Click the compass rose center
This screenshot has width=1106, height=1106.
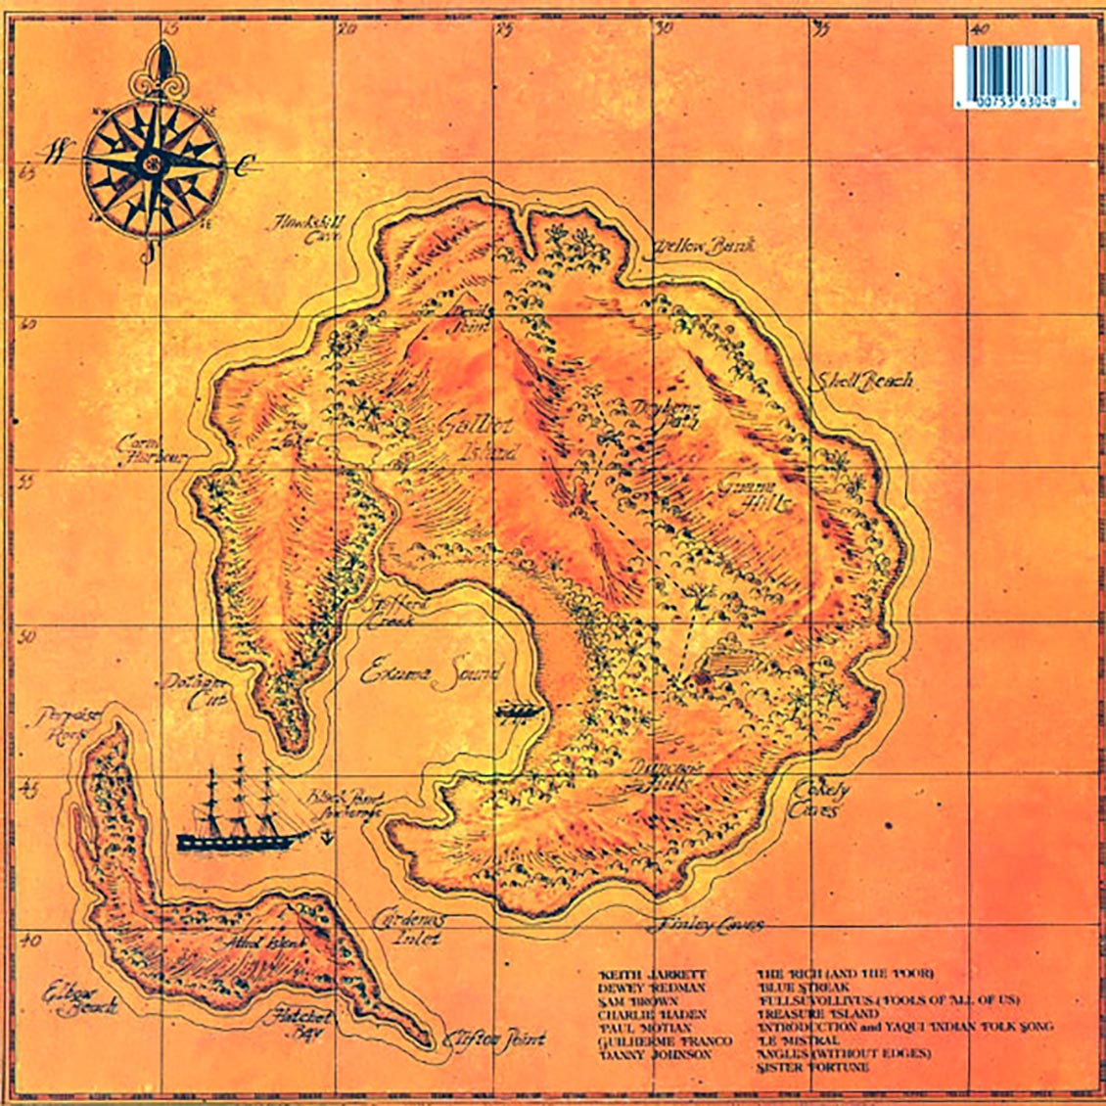click(x=154, y=166)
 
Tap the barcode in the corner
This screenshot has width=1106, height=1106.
click(x=1016, y=75)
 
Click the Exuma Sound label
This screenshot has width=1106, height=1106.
click(x=431, y=673)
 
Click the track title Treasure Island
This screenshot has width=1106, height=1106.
click(x=818, y=1014)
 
